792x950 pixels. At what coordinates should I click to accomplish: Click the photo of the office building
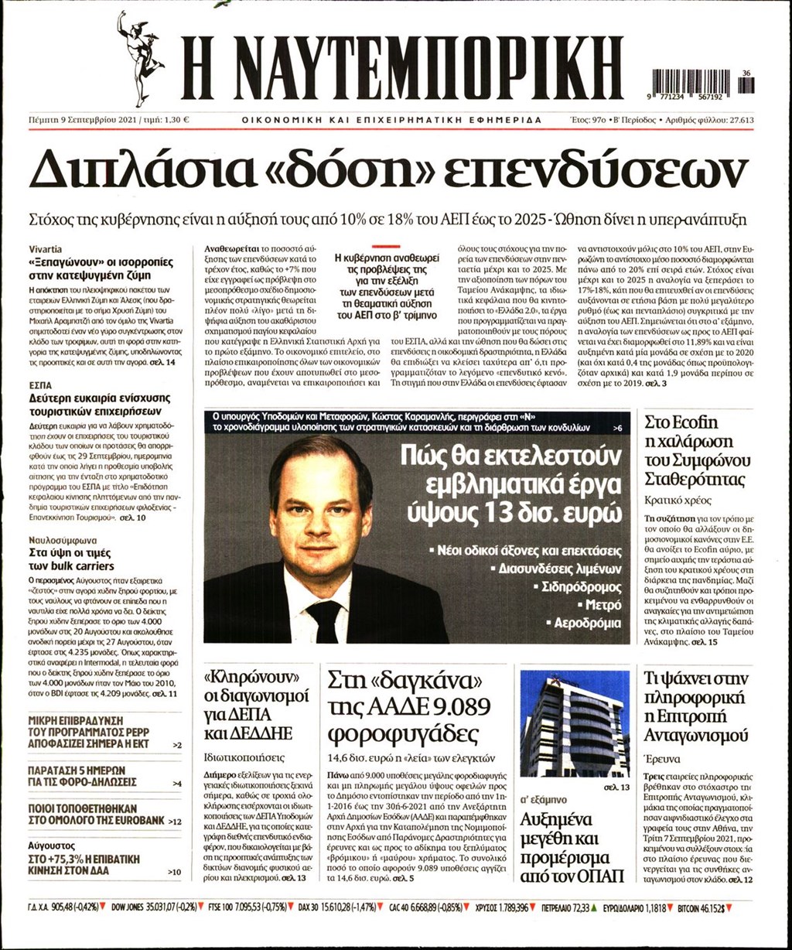tap(575, 723)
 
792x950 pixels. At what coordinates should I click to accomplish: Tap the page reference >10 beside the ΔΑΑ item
tap(175, 872)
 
